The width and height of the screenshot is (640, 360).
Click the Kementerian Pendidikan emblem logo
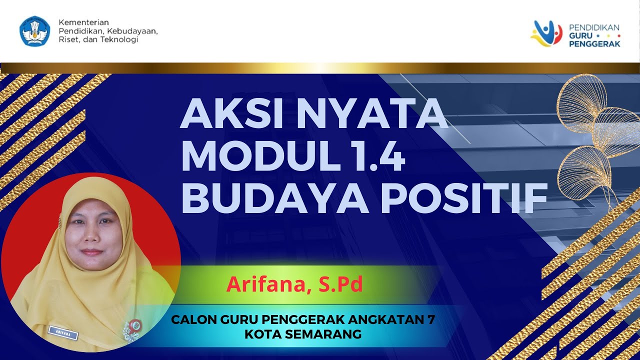click(x=35, y=31)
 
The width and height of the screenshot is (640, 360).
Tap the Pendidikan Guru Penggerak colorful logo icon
click(x=547, y=33)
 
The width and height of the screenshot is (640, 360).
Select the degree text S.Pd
click(x=340, y=284)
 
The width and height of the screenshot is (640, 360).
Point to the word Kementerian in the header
click(x=84, y=22)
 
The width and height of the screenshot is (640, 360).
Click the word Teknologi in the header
click(x=119, y=39)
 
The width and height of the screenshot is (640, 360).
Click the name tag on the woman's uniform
click(x=63, y=330)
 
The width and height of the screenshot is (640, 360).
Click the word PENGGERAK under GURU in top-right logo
click(x=594, y=43)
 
